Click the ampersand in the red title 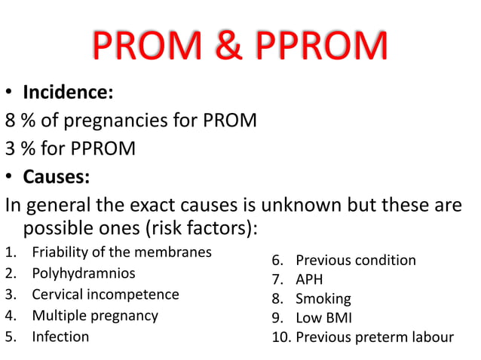228,47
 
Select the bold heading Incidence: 68,93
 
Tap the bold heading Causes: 56,176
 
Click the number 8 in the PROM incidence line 11,121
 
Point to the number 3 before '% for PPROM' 11,148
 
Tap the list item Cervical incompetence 105,294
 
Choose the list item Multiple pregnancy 94,315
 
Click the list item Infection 60,336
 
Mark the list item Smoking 323,299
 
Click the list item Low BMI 323,318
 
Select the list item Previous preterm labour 374,337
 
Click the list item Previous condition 355,261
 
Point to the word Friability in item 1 60,252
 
